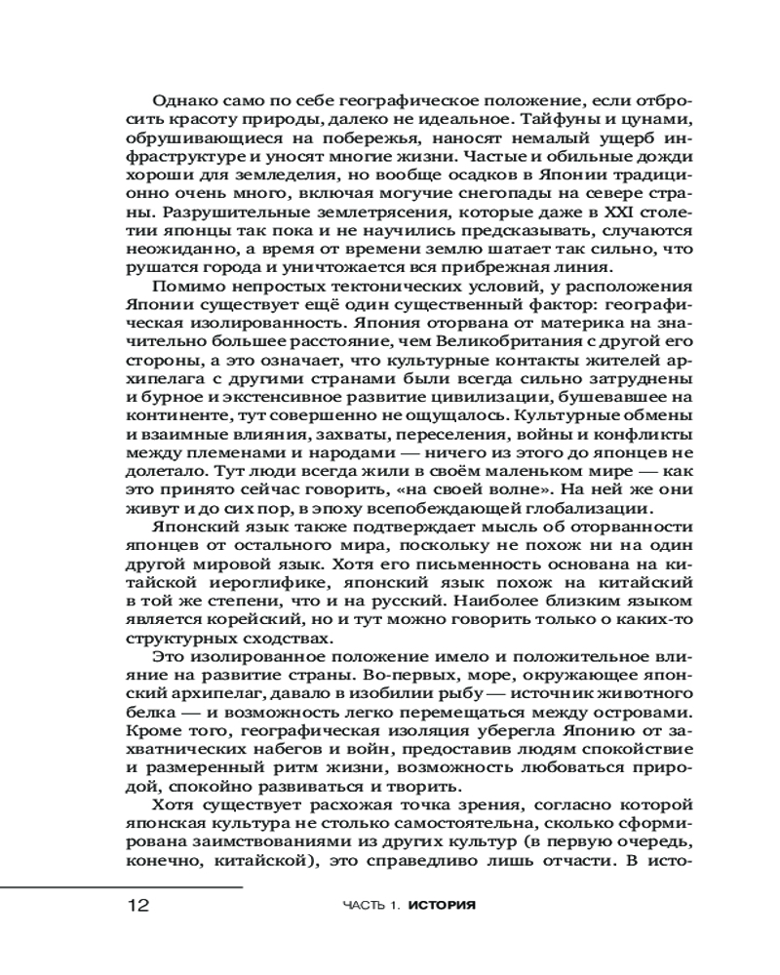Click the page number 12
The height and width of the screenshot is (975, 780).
click(x=137, y=905)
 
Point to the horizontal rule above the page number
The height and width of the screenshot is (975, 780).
click(x=121, y=887)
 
